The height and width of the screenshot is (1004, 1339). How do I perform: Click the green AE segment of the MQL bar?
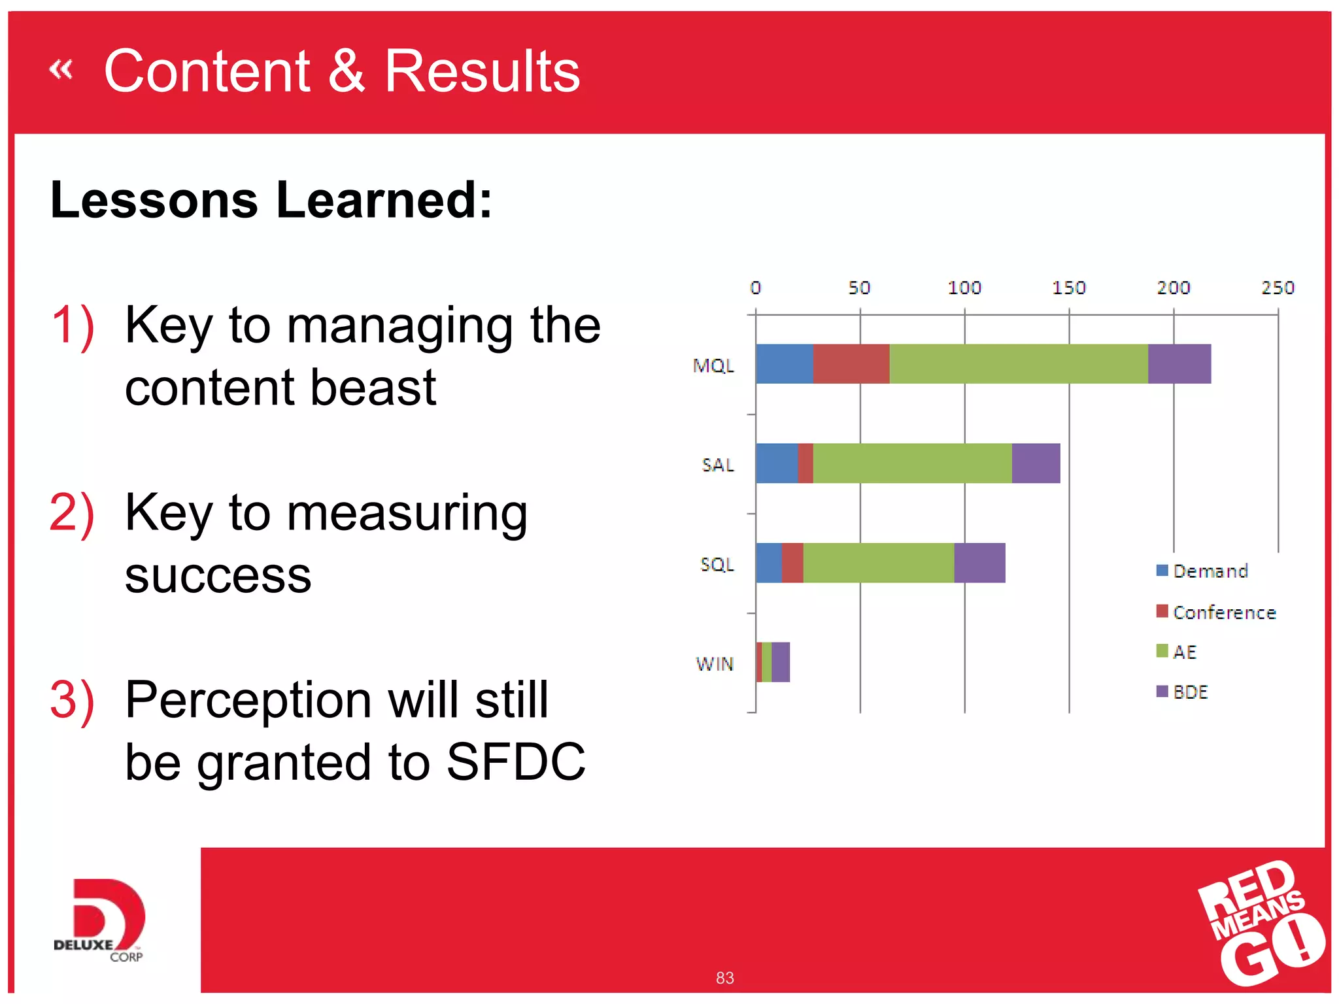pyautogui.click(x=1018, y=363)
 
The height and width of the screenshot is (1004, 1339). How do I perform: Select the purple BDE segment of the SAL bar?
pyautogui.click(x=1036, y=463)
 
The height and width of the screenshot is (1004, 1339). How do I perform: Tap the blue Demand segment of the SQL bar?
pyautogui.click(x=768, y=562)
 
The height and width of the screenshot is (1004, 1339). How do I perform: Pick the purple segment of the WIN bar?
pyautogui.click(x=780, y=661)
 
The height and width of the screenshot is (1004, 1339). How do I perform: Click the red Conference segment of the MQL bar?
pyautogui.click(x=851, y=363)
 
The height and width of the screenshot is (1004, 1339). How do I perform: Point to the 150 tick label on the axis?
pyautogui.click(x=1068, y=288)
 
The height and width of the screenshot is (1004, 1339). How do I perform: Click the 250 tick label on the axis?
pyautogui.click(x=1278, y=288)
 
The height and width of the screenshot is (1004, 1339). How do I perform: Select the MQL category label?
pyautogui.click(x=713, y=365)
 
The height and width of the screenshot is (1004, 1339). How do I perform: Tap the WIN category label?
pyautogui.click(x=715, y=664)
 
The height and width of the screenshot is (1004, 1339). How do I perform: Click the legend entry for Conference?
pyautogui.click(x=1216, y=612)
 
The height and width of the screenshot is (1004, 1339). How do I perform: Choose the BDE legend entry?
pyautogui.click(x=1183, y=692)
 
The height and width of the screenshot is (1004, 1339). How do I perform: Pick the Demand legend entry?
pyautogui.click(x=1203, y=571)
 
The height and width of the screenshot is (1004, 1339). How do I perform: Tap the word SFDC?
pyautogui.click(x=516, y=762)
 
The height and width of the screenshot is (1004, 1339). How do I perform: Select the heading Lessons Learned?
pyautogui.click(x=271, y=199)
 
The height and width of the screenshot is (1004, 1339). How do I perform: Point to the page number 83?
pyautogui.click(x=724, y=978)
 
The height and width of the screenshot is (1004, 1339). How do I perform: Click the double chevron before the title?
pyautogui.click(x=61, y=69)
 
